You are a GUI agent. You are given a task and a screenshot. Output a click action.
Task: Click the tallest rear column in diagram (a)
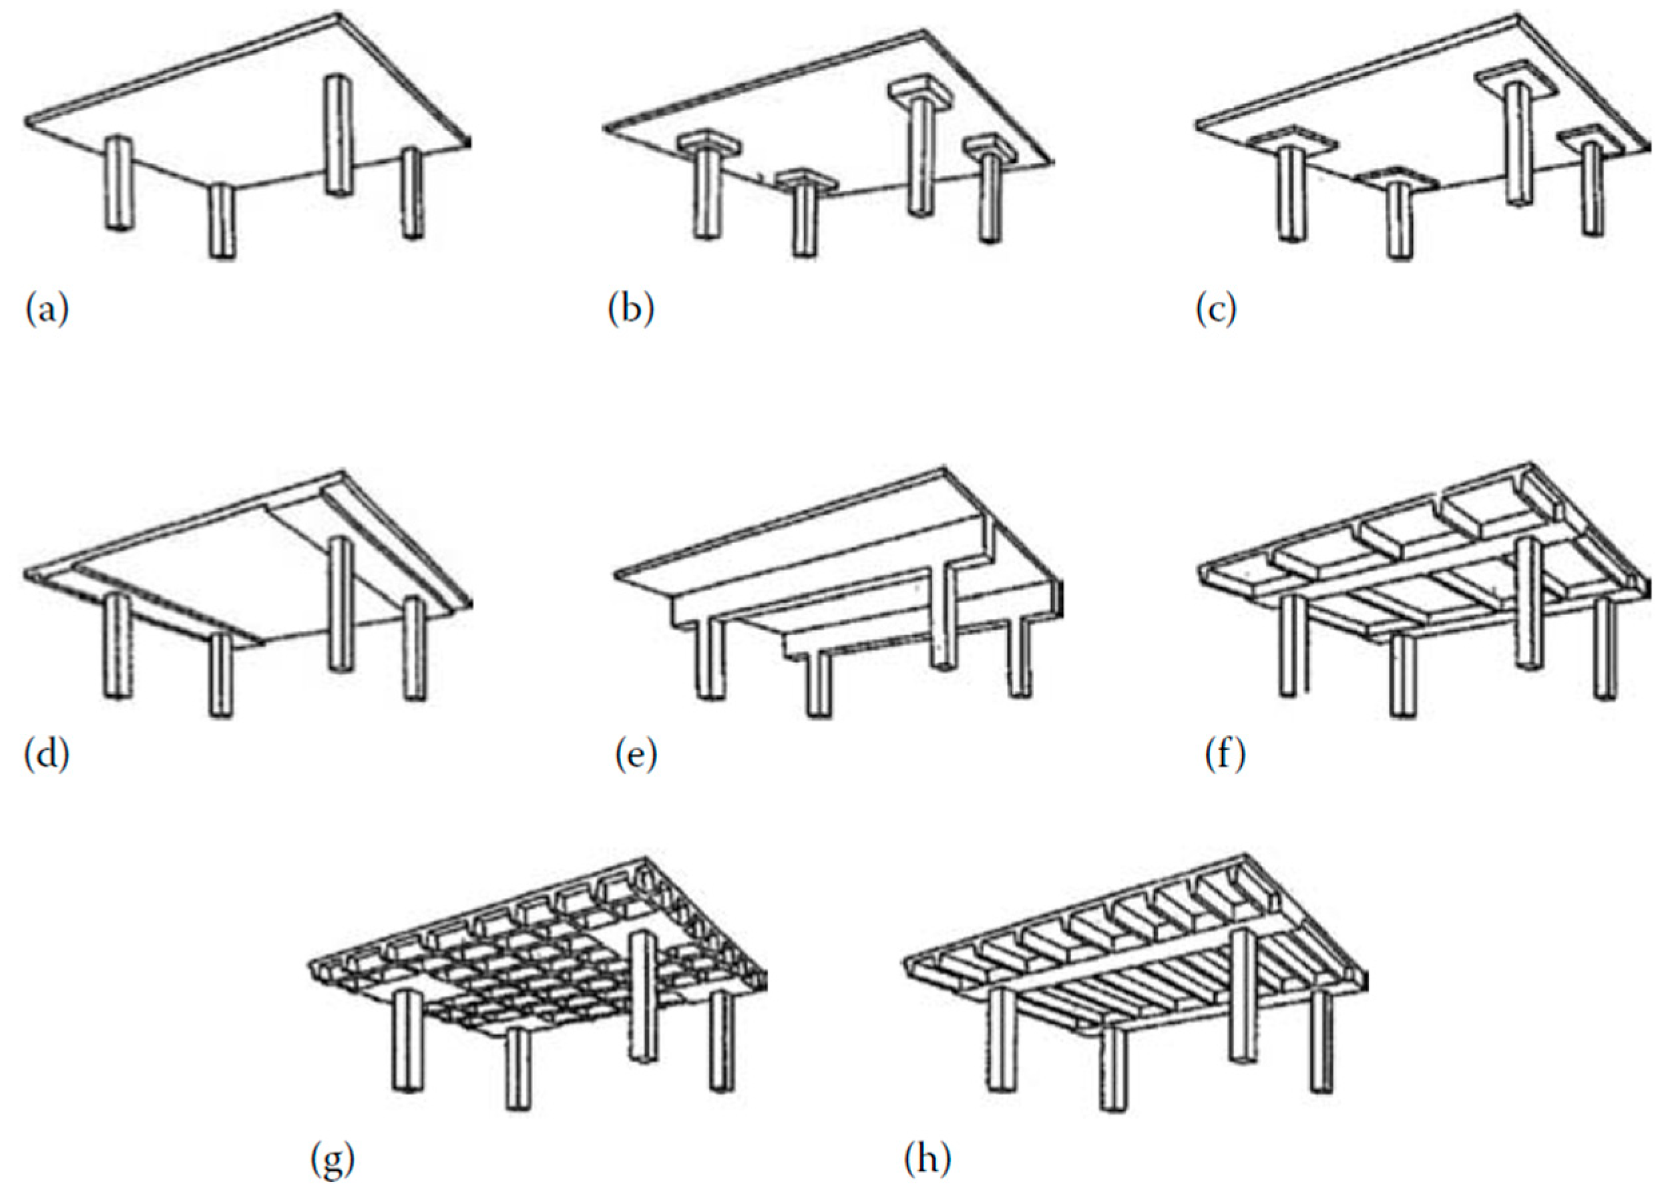point(337,136)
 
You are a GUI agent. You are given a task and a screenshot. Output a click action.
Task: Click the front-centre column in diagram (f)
point(1402,673)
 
